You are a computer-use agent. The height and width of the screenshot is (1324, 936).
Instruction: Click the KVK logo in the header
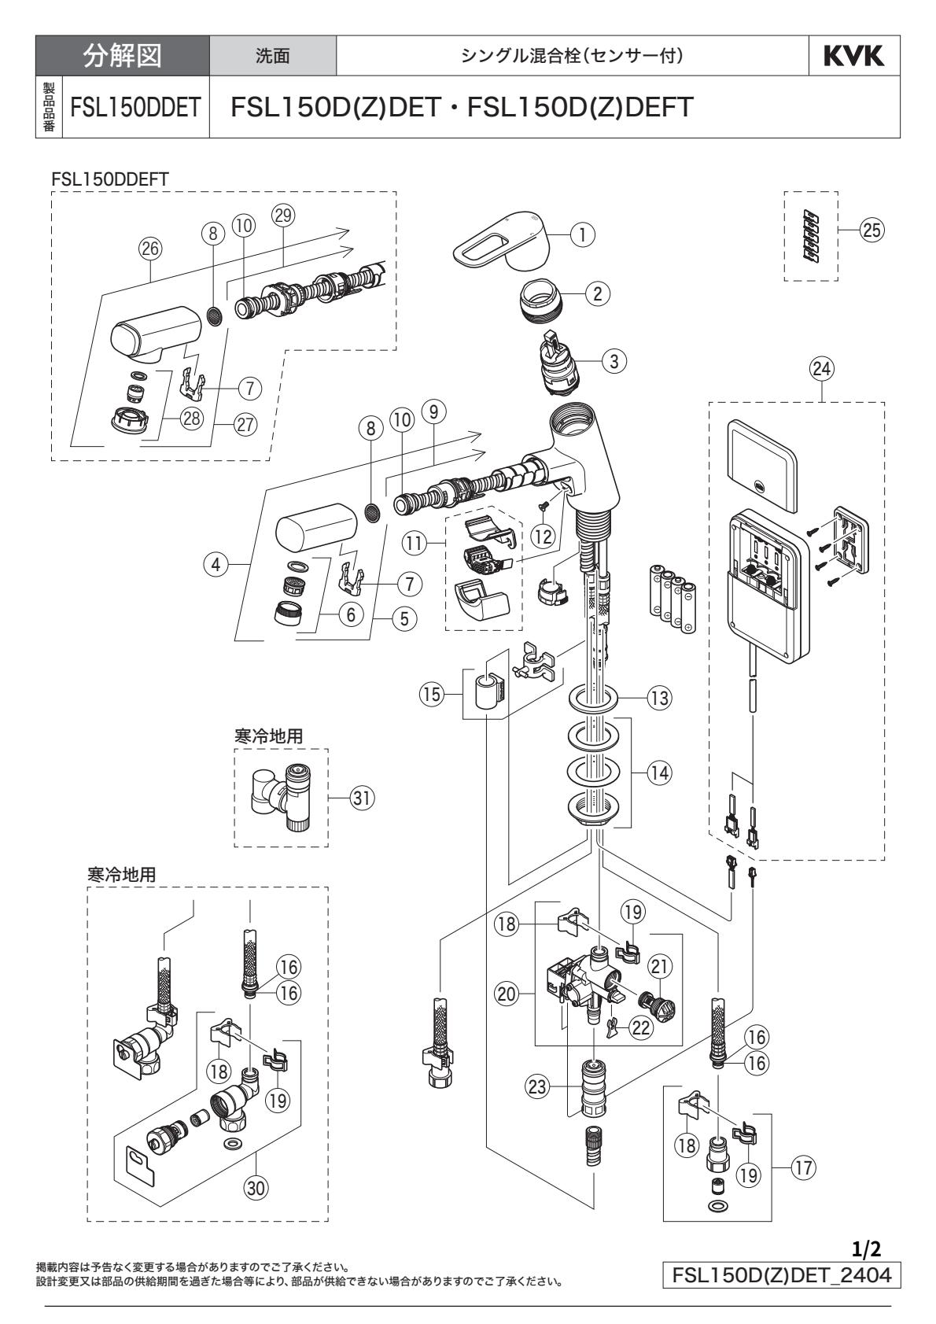[x=855, y=56]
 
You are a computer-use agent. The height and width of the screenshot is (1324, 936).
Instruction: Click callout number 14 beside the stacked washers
[x=659, y=773]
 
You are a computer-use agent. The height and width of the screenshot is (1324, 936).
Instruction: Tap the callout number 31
[x=363, y=798]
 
